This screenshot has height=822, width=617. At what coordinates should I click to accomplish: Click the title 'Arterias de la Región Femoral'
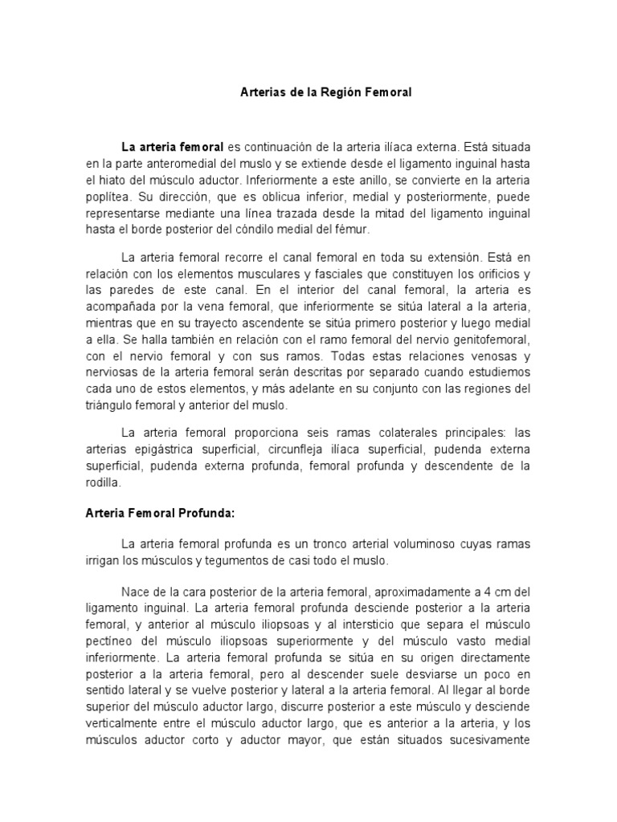click(x=326, y=92)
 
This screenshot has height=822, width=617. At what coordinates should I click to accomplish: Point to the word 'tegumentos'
click(x=222, y=559)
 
